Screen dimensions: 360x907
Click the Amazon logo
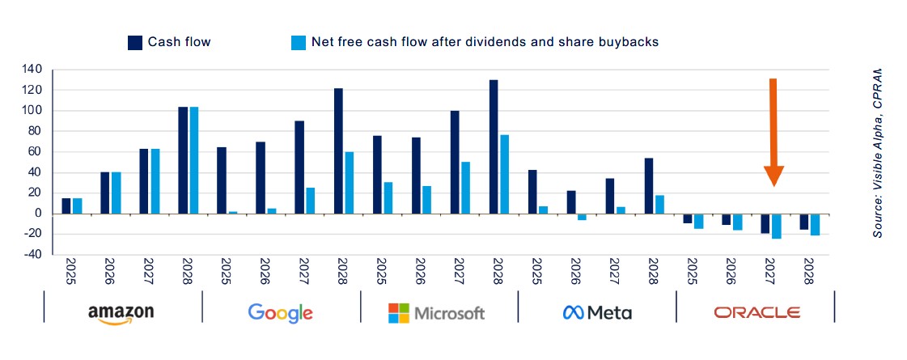pos(121,313)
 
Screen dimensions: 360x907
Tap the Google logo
pos(280,312)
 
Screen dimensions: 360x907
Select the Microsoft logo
pos(436,312)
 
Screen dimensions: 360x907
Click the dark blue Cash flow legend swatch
pos(135,42)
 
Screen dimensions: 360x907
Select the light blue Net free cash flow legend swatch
pos(298,42)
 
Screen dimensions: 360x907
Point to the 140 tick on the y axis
pos(32,70)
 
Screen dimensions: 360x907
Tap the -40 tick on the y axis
pos(32,255)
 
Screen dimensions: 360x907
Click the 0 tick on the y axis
pos(37,214)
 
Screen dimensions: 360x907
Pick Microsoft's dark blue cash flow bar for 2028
pos(494,146)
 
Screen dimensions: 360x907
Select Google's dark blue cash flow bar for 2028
pos(338,150)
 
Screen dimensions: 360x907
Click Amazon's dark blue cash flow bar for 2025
pos(66,205)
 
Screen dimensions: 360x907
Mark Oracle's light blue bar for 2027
pos(777,226)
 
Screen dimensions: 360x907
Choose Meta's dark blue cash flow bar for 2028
pos(650,185)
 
